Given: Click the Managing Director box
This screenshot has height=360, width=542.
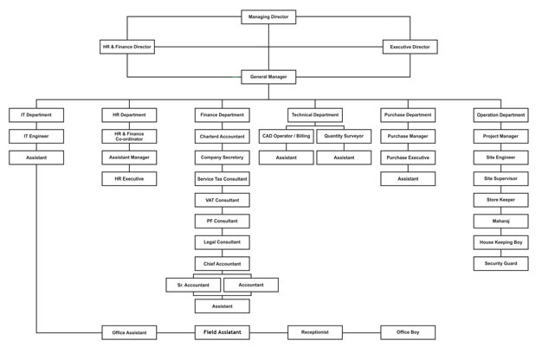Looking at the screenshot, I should [x=268, y=16].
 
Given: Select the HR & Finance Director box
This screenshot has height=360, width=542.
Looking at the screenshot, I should [x=127, y=47].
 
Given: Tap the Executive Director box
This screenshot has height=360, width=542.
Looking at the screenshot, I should [x=410, y=47].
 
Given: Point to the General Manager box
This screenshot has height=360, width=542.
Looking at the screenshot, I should [x=268, y=77].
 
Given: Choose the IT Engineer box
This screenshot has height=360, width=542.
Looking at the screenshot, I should [x=36, y=137].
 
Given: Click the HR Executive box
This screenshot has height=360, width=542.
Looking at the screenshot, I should [x=129, y=179].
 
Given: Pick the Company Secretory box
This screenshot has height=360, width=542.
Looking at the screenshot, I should [x=222, y=157].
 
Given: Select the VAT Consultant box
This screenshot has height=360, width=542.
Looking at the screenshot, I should [x=222, y=200].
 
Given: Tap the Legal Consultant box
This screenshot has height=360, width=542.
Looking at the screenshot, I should [x=222, y=242].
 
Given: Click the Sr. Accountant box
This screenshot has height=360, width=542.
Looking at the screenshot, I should [x=193, y=285].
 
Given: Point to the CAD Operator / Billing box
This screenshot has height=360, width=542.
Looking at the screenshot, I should [x=287, y=137].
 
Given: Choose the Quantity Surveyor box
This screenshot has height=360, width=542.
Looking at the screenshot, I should [x=344, y=137].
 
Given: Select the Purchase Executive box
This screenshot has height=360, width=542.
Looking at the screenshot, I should [x=408, y=157].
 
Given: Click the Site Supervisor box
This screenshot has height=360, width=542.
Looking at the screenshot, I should [x=500, y=179].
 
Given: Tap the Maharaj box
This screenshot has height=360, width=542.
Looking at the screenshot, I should [x=500, y=222].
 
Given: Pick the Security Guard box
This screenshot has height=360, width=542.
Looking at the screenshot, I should [x=500, y=264].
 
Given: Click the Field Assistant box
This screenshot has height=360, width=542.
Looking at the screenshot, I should [x=222, y=332].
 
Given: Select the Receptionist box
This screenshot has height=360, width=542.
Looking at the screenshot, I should [x=315, y=332].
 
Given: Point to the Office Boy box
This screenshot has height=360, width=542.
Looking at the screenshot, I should [x=408, y=332].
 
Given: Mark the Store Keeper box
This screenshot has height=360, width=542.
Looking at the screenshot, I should [x=500, y=200].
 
